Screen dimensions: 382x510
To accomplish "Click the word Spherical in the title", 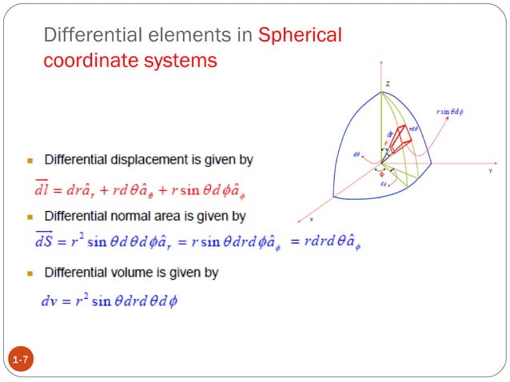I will tap(300, 35).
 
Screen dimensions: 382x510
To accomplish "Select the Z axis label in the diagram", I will tap(386, 83).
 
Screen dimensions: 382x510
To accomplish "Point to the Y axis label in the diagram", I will tap(489, 170).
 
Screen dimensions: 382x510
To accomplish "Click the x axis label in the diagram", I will tap(311, 218).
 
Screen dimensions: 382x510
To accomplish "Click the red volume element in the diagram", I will tap(400, 141).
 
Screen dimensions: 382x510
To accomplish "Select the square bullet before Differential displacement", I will tap(30, 161).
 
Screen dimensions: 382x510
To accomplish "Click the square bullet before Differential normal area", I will tap(30, 217).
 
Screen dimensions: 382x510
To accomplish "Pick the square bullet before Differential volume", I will tap(30, 274).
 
